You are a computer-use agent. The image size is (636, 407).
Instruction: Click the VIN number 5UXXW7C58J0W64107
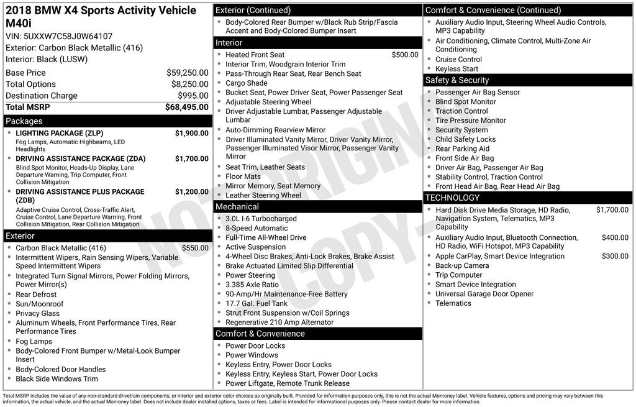tap(68, 36)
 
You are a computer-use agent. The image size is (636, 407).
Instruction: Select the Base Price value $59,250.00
tap(187, 73)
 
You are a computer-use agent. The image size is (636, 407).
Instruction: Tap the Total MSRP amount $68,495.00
tap(186, 107)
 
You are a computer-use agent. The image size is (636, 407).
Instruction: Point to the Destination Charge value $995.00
tap(193, 96)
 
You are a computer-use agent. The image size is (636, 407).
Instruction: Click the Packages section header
tap(24, 121)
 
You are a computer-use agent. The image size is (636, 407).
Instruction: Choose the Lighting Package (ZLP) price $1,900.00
tap(191, 133)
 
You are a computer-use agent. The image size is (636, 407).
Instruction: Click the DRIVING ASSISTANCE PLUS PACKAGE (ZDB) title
tap(79, 192)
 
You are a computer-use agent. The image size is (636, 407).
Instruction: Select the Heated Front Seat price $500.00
tap(405, 55)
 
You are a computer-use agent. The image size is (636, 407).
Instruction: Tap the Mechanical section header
tap(237, 206)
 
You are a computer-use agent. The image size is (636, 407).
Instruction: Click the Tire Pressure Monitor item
tap(471, 121)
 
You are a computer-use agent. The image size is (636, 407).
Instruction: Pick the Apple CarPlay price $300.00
tap(615, 256)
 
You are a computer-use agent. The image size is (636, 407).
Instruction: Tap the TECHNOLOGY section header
tap(452, 198)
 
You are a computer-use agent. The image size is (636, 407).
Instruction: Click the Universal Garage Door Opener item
tap(484, 294)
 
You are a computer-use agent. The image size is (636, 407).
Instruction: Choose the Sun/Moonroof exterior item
tap(40, 304)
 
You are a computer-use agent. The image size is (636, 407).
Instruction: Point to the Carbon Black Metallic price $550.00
tap(195, 248)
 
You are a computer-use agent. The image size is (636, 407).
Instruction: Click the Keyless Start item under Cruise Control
tap(457, 69)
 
